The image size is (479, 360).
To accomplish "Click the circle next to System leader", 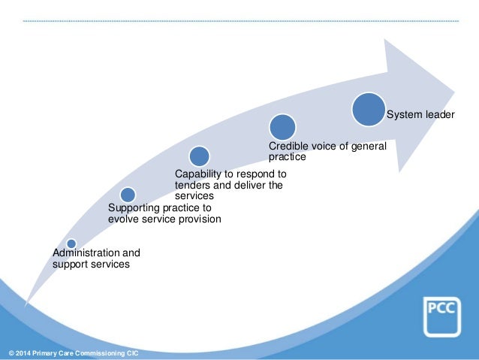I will tap(369, 110).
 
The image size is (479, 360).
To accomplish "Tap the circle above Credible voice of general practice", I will tap(282, 127).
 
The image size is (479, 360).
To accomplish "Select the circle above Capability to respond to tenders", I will tap(199, 156).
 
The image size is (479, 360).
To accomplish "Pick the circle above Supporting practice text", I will tap(128, 195).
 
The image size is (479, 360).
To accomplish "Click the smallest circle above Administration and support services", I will tap(71, 244).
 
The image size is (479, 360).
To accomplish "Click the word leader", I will tap(438, 115).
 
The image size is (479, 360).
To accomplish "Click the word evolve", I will tap(125, 219).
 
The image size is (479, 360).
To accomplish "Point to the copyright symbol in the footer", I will tap(10, 353).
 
